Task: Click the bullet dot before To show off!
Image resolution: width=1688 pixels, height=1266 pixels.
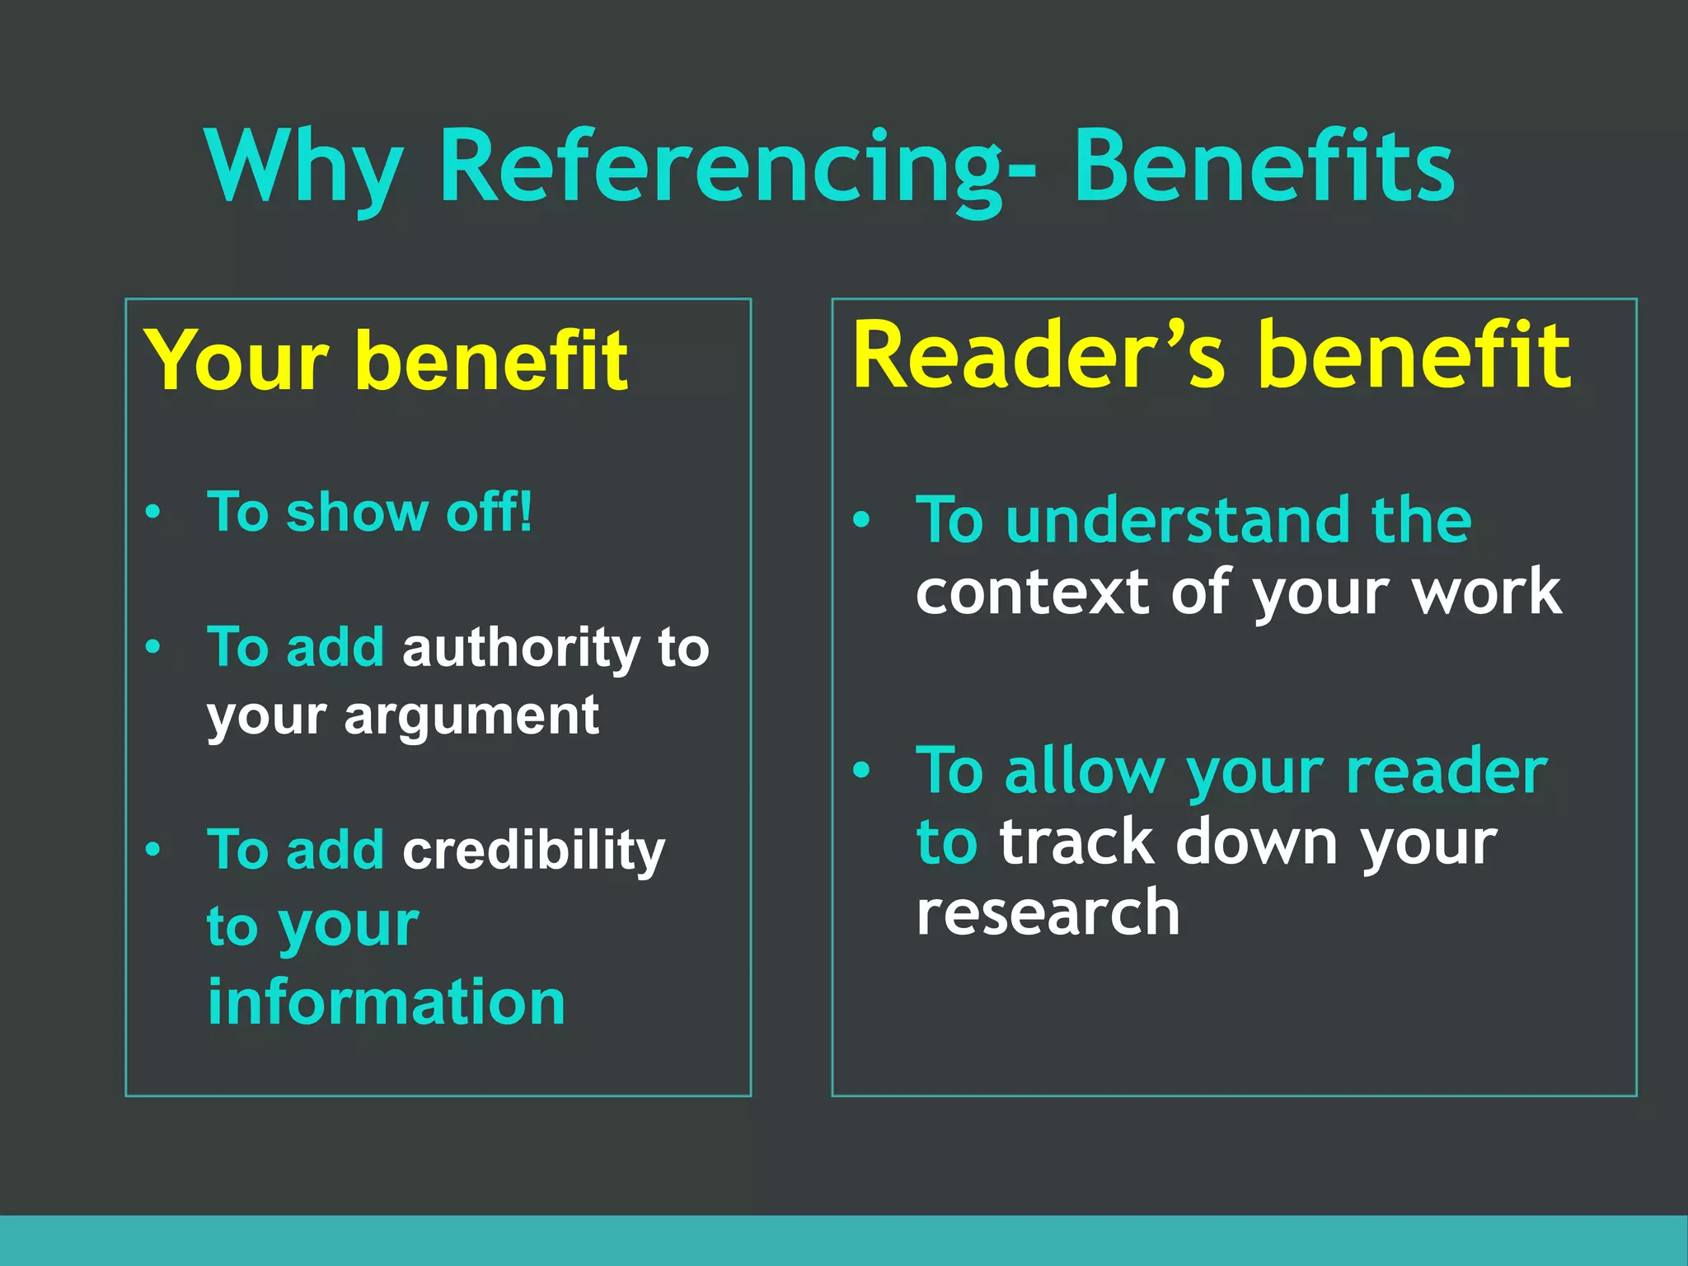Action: click(x=152, y=513)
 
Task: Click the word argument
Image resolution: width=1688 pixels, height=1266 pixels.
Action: click(x=471, y=715)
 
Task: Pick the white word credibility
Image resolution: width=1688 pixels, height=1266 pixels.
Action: click(x=533, y=850)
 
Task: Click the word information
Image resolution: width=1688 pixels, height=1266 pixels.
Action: click(x=386, y=1002)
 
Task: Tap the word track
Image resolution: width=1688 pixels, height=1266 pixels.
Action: click(x=1076, y=842)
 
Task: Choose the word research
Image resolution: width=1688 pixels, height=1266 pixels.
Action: click(x=1048, y=913)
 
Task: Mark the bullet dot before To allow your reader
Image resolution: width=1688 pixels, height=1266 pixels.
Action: click(x=861, y=771)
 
